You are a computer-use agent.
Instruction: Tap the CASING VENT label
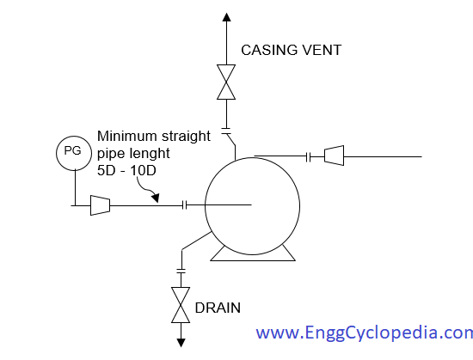click(291, 50)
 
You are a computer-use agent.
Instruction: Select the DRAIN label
click(218, 308)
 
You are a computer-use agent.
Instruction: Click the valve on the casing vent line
click(226, 82)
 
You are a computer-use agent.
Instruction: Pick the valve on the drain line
click(181, 305)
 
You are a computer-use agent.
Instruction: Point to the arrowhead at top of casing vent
click(226, 17)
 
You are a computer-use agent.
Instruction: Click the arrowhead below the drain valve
click(181, 343)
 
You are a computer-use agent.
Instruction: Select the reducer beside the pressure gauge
click(100, 205)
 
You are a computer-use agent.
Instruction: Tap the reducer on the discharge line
click(335, 156)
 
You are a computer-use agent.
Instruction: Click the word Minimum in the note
click(127, 136)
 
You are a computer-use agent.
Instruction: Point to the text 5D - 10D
click(126, 170)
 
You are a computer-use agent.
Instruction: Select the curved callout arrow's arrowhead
click(156, 198)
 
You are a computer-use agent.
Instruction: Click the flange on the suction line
click(185, 205)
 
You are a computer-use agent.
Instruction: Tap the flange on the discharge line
click(308, 157)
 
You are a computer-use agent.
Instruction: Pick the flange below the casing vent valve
click(226, 131)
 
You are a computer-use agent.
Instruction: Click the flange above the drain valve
click(181, 271)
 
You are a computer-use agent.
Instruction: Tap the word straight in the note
click(186, 137)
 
